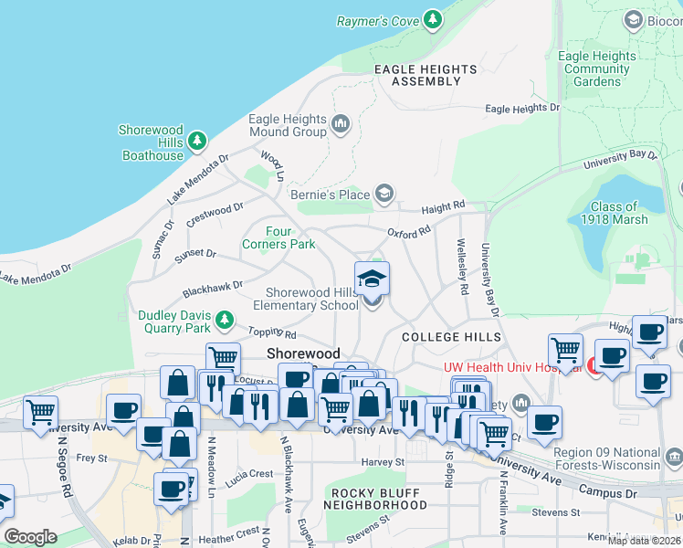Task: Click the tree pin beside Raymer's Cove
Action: pyautogui.click(x=433, y=19)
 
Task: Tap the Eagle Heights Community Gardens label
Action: pyautogui.click(x=599, y=68)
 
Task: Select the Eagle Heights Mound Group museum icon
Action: pyautogui.click(x=341, y=123)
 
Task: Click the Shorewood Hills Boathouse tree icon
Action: pyautogui.click(x=197, y=142)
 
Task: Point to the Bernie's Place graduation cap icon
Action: pyautogui.click(x=384, y=194)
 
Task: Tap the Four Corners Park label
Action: pyautogui.click(x=278, y=237)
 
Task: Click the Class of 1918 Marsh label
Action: pyautogui.click(x=619, y=213)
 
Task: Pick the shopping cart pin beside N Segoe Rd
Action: pyautogui.click(x=40, y=412)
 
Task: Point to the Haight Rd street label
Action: pyautogui.click(x=444, y=207)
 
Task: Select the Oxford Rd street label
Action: pyautogui.click(x=408, y=233)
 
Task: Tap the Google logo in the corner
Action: pyautogui.click(x=30, y=537)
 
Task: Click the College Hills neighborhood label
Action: pyautogui.click(x=451, y=337)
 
